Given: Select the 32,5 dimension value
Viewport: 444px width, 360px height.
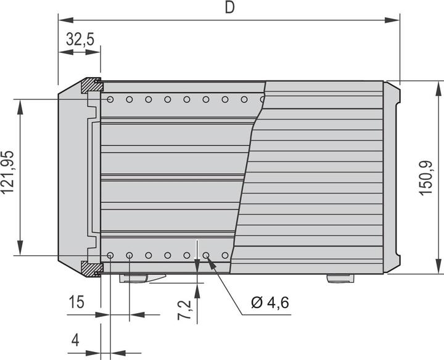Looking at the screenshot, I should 80,40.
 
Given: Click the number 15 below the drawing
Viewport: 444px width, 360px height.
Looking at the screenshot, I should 76,302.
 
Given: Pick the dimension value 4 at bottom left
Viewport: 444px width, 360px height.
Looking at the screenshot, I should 75,340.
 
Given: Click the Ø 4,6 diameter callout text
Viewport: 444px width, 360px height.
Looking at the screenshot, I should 270,302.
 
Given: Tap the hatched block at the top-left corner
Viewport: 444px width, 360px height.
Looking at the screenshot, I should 92,85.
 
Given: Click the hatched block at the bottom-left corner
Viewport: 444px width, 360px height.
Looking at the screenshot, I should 92,269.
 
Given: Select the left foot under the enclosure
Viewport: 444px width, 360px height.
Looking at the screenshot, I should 134,278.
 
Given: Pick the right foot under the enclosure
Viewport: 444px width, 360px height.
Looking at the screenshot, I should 340,278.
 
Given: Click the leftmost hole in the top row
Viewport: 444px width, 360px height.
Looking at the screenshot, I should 110,99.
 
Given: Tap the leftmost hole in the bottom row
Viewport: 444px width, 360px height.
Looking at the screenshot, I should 110,255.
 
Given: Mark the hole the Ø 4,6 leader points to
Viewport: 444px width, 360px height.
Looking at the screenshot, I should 206,255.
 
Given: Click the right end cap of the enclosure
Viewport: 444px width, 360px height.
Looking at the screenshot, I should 392,178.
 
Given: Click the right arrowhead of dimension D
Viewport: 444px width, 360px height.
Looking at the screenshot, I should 395,20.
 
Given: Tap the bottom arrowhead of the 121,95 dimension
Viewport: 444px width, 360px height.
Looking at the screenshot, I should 21,250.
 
